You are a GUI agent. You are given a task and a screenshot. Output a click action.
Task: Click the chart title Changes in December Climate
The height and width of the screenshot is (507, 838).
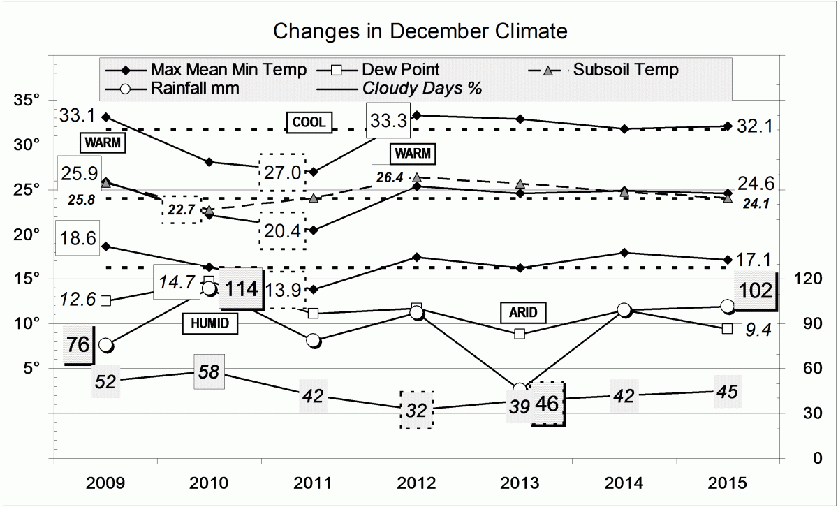click(420, 31)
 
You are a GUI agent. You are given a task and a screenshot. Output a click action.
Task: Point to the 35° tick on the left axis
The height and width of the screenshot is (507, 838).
click(27, 100)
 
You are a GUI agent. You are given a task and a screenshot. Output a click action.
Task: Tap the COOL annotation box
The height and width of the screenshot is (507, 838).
click(309, 122)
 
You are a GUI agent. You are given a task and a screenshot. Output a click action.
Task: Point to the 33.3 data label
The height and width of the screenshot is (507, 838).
click(388, 122)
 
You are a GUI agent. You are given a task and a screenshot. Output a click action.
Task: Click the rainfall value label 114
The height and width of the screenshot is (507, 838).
click(240, 288)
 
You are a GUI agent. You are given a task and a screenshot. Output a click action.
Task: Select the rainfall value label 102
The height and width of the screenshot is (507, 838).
click(756, 289)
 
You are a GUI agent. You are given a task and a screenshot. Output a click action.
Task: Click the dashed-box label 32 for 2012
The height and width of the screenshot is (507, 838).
click(416, 410)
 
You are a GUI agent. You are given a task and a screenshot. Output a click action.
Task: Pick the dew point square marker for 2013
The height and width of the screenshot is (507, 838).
click(520, 334)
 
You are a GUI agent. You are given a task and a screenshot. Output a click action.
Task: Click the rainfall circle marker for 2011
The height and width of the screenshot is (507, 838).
click(313, 341)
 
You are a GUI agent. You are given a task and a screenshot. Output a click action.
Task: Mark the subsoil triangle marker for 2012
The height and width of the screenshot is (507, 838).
click(416, 178)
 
